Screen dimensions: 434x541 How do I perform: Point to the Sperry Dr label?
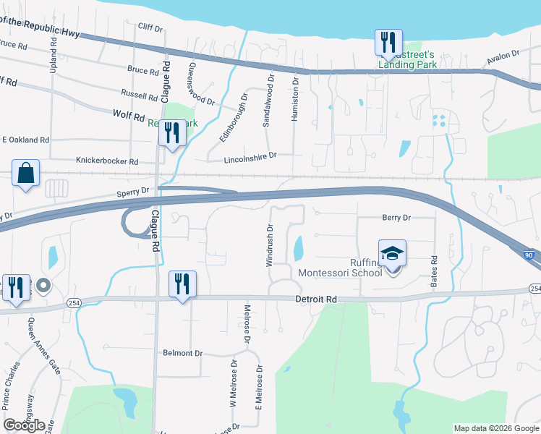(x=132, y=192)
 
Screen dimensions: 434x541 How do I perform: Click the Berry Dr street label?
(x=396, y=217)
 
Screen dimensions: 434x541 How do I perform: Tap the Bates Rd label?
(x=434, y=270)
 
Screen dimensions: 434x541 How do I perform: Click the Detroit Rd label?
(x=316, y=299)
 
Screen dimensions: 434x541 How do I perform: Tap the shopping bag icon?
(x=25, y=174)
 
